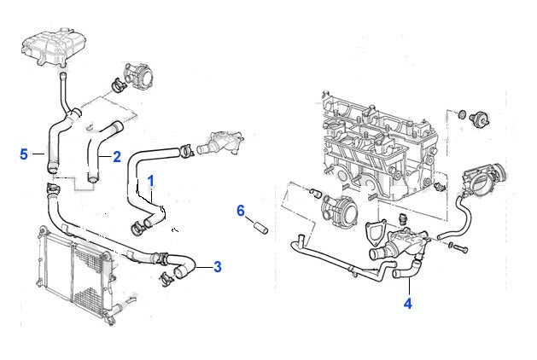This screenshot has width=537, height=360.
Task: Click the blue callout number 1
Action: click(150, 181)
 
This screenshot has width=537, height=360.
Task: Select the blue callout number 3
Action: click(217, 267)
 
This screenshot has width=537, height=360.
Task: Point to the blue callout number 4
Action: click(408, 303)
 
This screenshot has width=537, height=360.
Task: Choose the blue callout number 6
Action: click(241, 210)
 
